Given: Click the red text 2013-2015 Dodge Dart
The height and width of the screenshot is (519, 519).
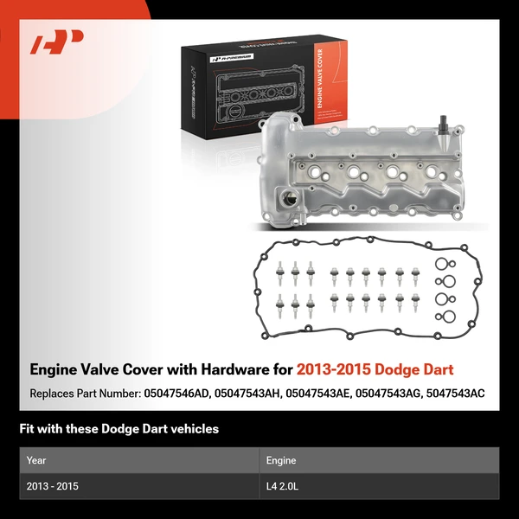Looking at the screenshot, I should click(375, 370).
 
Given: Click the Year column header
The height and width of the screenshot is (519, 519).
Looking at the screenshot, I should click(36, 460).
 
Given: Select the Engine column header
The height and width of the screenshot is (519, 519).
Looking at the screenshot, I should click(281, 460).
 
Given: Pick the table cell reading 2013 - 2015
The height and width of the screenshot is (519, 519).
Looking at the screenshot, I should click(53, 486).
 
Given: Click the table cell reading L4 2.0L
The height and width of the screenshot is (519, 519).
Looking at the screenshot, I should click(282, 486).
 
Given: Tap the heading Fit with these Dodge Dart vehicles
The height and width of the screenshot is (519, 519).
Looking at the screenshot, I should click(119, 429).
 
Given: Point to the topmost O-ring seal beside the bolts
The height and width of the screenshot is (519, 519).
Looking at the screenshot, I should click(442, 266).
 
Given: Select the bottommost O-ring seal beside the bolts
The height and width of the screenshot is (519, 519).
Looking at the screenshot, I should click(442, 317).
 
